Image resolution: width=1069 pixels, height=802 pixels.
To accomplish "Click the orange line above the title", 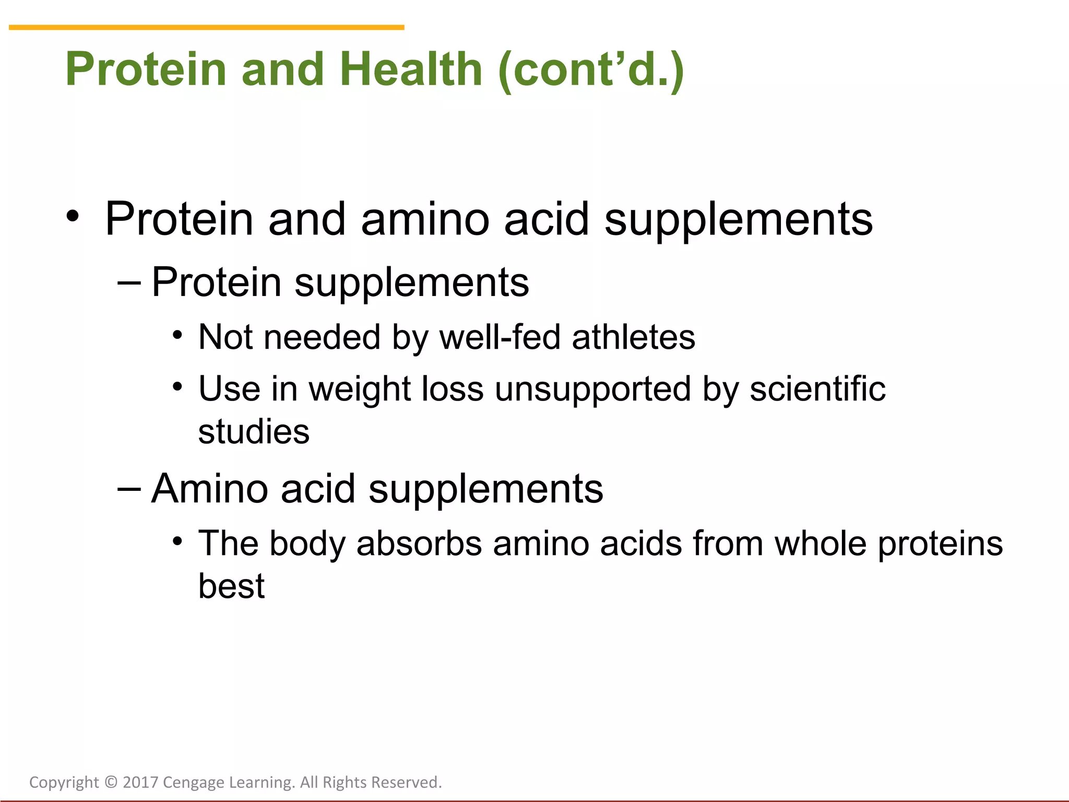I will [206, 27].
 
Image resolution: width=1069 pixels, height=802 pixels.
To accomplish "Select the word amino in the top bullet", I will [425, 219].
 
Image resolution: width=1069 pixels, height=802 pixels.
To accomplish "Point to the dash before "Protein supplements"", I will [129, 282].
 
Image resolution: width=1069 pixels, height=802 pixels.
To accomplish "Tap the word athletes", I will [633, 337].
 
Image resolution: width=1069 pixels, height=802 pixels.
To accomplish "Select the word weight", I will [360, 390].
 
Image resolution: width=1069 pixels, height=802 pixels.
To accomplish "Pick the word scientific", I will [817, 389].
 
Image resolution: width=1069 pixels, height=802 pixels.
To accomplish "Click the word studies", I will [254, 432].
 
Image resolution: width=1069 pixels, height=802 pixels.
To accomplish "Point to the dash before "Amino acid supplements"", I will [129, 489].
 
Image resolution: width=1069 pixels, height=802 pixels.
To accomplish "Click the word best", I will [231, 586].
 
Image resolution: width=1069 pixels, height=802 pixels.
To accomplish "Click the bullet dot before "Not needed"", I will [177, 335].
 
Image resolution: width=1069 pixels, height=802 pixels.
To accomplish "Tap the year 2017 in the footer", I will [140, 782].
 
